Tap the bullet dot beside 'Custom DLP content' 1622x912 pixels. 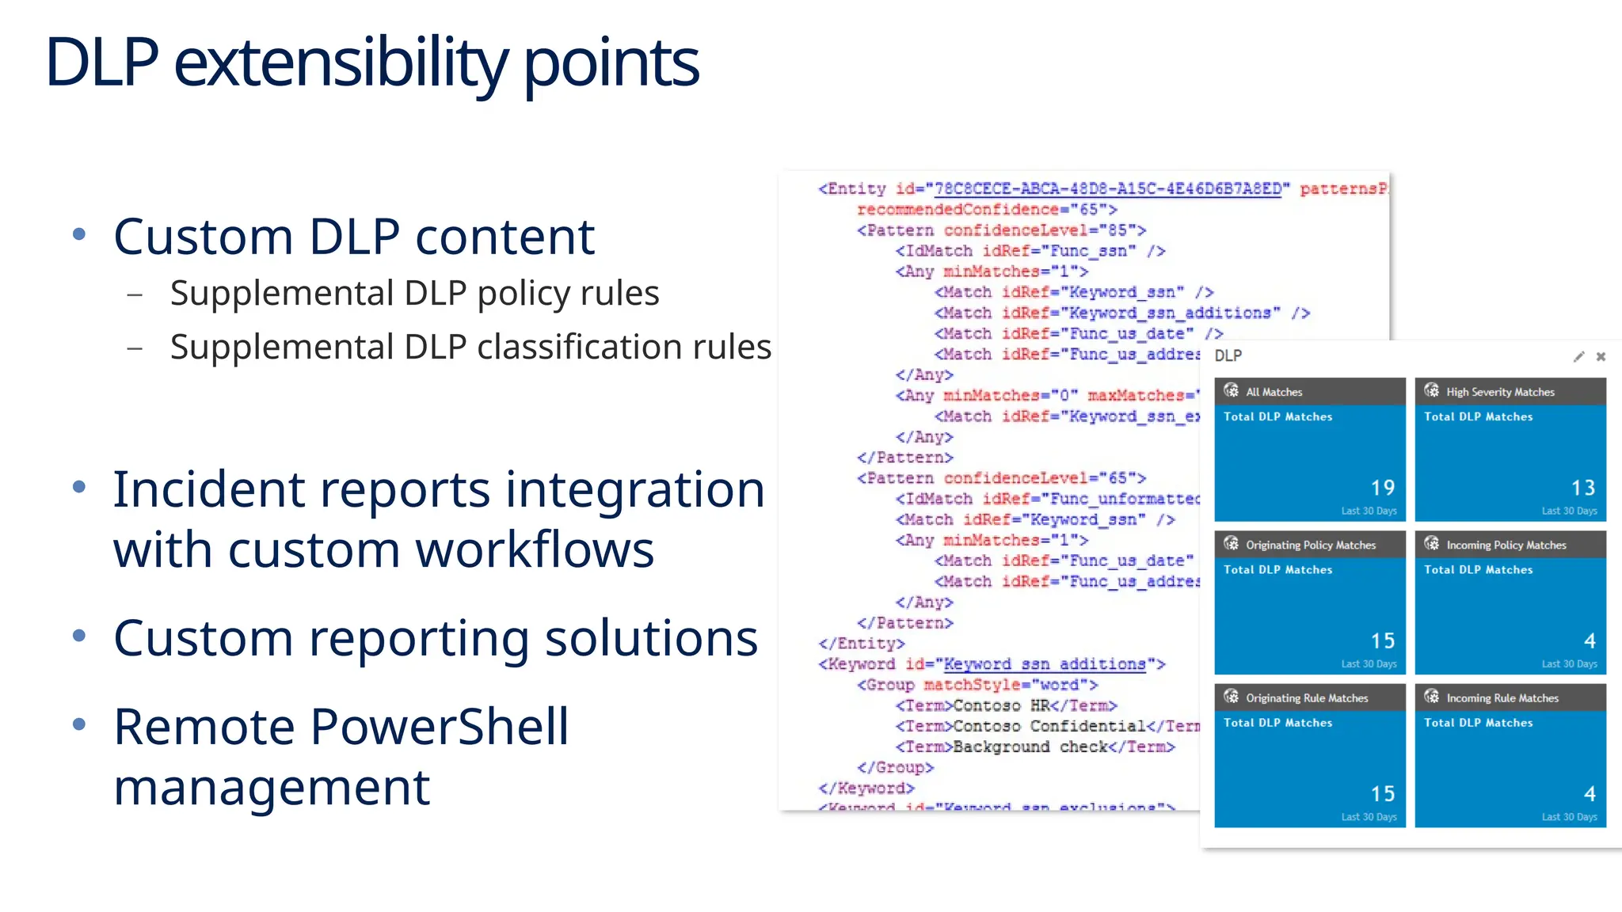pyautogui.click(x=78, y=234)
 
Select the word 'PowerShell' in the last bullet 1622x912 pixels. pyautogui.click(x=440, y=727)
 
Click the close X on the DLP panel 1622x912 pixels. pyautogui.click(x=1601, y=356)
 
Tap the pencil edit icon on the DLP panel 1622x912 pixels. pyautogui.click(x=1578, y=356)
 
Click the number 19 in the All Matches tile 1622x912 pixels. pyautogui.click(x=1383, y=488)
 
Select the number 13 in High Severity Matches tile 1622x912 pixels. pyautogui.click(x=1583, y=488)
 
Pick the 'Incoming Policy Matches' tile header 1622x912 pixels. pyautogui.click(x=1506, y=545)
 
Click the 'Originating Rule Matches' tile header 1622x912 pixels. pyautogui.click(x=1307, y=697)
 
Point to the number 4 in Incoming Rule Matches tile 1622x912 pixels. pyautogui.click(x=1590, y=793)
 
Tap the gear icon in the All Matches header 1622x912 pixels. pyautogui.click(x=1231, y=390)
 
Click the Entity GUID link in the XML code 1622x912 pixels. pyautogui.click(x=1107, y=188)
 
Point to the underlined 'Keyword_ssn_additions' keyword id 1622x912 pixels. pyautogui.click(x=1044, y=664)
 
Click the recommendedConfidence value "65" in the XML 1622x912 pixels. pyautogui.click(x=1089, y=210)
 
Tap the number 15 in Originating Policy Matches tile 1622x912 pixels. pyautogui.click(x=1383, y=640)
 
